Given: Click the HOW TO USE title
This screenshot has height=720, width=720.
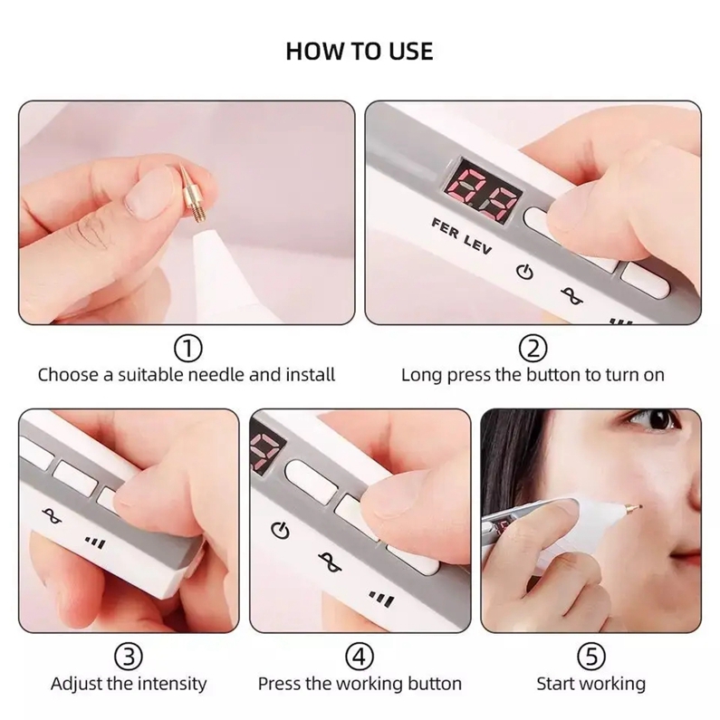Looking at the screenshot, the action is tap(360, 52).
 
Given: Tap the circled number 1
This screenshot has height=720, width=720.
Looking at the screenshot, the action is tap(187, 349).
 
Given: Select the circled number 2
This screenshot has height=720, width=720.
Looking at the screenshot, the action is tap(533, 349).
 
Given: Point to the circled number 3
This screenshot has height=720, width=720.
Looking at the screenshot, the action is tap(128, 657).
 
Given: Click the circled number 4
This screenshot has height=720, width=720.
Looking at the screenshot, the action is tap(360, 657).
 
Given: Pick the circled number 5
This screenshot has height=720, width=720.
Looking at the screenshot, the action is tap(591, 657).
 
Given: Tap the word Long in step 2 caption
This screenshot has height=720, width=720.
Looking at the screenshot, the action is tap(421, 376).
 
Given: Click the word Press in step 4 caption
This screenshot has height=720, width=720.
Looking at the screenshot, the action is tap(279, 684).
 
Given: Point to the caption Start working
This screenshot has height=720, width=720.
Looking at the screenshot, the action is tap(591, 685).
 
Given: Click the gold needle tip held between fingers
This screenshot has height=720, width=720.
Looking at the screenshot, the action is tap(189, 193).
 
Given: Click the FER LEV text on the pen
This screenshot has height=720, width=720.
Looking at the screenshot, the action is tap(462, 236).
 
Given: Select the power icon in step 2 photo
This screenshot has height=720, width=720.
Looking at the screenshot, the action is tap(525, 273).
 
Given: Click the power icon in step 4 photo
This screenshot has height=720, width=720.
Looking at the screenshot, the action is tap(281, 531).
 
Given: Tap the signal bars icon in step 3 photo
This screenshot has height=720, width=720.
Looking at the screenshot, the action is tap(96, 542).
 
